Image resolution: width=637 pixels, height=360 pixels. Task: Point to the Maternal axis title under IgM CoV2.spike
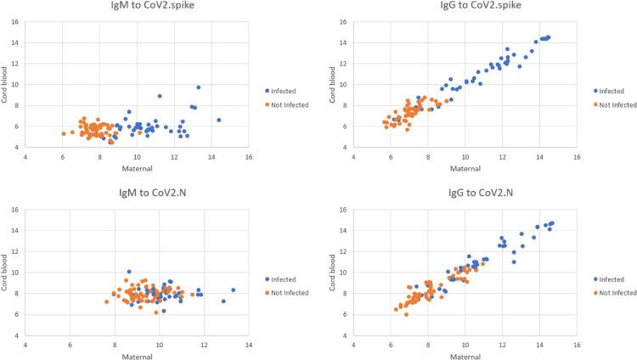[x=137, y=168]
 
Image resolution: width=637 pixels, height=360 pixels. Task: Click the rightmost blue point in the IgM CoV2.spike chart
[x=219, y=120]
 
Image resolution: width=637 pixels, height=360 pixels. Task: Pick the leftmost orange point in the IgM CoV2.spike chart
[x=64, y=133]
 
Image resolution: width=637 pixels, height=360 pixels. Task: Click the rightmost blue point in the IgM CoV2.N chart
[x=234, y=290]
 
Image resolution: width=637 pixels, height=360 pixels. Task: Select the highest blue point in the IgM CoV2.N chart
[x=129, y=272]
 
